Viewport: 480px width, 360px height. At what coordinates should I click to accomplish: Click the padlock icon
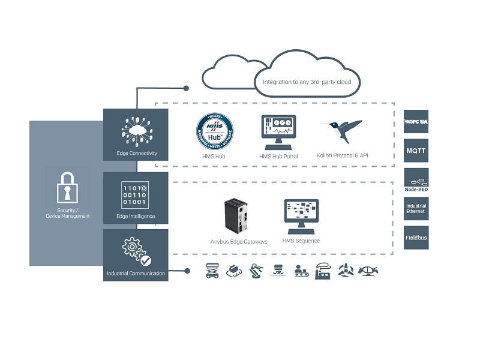click(x=67, y=189)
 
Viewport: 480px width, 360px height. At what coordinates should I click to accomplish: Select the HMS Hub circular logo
click(x=214, y=131)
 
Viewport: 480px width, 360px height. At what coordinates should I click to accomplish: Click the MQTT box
click(x=416, y=151)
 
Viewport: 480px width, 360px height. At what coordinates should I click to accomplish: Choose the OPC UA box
click(x=416, y=122)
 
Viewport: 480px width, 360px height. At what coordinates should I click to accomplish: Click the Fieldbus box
click(x=416, y=238)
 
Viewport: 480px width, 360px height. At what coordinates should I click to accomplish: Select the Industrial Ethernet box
click(x=416, y=209)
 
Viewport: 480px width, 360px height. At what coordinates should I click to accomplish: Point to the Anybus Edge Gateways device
click(x=236, y=215)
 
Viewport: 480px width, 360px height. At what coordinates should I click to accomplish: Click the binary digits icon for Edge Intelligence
click(x=135, y=194)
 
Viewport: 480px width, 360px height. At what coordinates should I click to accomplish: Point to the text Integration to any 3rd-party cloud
click(x=307, y=82)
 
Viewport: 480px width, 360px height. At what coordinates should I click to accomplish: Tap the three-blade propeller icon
click(x=346, y=270)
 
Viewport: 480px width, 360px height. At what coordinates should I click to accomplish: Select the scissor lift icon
click(x=212, y=270)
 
